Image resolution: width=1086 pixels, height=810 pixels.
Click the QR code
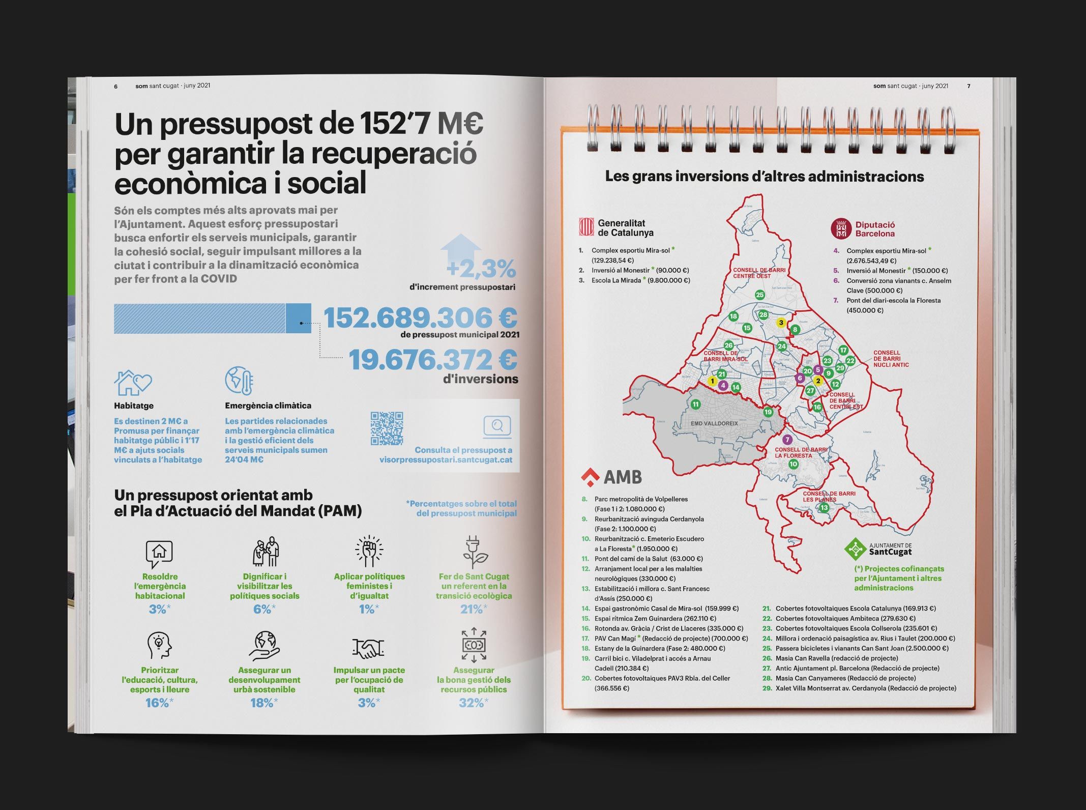point(387,428)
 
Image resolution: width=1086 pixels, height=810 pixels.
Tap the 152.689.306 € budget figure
point(420,318)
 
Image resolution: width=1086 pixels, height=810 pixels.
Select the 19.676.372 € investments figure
point(433,360)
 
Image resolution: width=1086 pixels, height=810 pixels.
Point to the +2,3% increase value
point(481,269)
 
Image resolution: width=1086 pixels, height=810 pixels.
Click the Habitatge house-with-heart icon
point(133,383)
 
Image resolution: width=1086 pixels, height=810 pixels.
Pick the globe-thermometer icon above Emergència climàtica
point(239,381)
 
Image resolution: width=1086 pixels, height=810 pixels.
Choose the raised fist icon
point(369,552)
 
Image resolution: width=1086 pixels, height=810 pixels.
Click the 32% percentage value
point(471,703)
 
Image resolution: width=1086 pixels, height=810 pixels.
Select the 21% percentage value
point(471,609)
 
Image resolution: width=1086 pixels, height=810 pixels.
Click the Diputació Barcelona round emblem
point(841,229)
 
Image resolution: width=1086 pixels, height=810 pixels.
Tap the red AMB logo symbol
point(591,477)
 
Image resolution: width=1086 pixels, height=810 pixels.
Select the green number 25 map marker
point(760,295)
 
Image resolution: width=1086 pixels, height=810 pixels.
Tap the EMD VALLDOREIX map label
point(714,423)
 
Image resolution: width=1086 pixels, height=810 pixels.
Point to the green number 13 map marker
point(824,507)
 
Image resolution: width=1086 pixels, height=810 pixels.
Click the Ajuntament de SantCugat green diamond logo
point(855,548)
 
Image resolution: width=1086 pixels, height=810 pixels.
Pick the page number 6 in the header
point(116,86)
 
